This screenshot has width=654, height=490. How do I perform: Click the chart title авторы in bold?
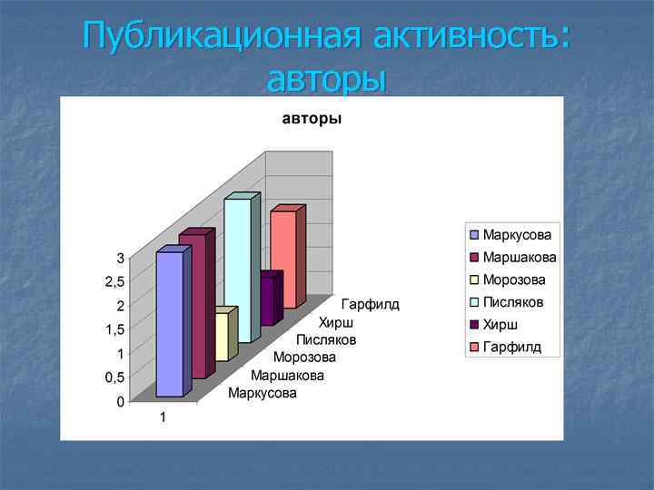pyautogui.click(x=312, y=119)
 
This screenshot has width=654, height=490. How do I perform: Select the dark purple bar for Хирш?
pyautogui.click(x=266, y=299)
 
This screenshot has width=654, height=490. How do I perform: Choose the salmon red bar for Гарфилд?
pyautogui.click(x=283, y=259)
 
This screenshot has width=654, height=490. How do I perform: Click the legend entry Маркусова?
pyautogui.click(x=517, y=235)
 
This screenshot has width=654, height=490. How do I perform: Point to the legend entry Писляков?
pyautogui.click(x=513, y=301)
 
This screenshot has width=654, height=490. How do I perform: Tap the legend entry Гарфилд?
pyautogui.click(x=511, y=346)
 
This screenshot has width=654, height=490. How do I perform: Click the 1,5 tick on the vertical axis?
pyautogui.click(x=114, y=330)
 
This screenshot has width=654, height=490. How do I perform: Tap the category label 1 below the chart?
pyautogui.click(x=163, y=418)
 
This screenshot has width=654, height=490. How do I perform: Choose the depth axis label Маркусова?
pyautogui.click(x=263, y=393)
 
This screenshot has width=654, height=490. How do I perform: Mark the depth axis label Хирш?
pyautogui.click(x=336, y=322)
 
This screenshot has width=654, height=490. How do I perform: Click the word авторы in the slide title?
pyautogui.click(x=326, y=79)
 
